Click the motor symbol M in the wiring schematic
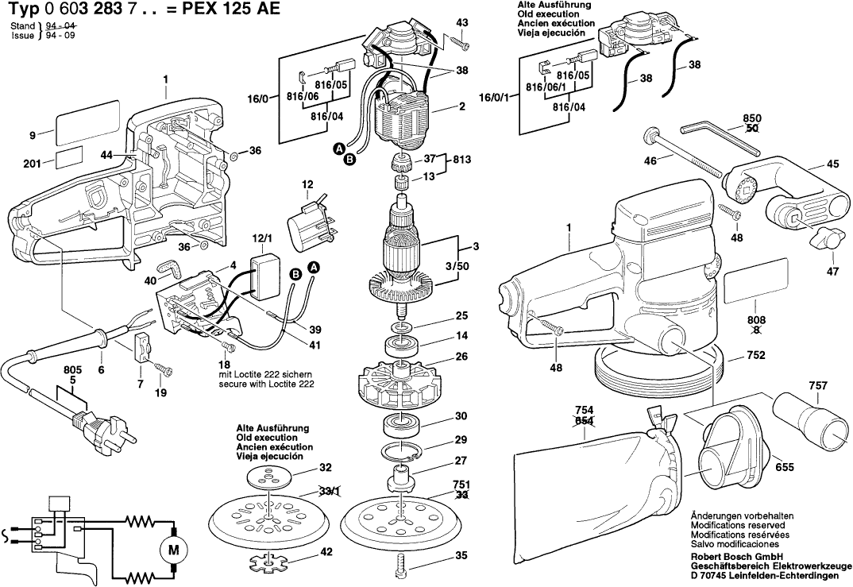tap(172, 548)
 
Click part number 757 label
tap(817, 386)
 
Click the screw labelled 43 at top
tap(458, 39)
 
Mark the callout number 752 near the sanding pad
tap(756, 356)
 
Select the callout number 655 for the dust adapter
tap(784, 468)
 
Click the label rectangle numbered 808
tap(754, 277)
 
